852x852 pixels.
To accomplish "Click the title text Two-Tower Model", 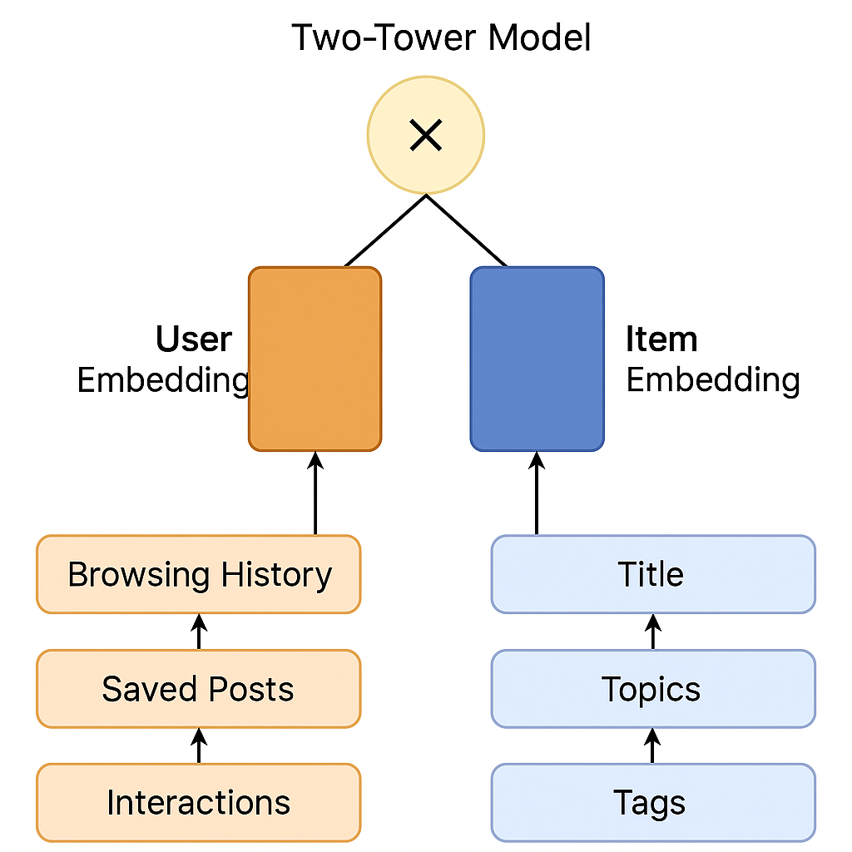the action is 441,37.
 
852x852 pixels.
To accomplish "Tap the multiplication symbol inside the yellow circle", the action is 425,135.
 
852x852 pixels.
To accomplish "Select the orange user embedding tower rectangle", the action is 315,359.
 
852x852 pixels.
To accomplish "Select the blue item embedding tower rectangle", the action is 537,359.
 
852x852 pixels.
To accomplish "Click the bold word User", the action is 194,339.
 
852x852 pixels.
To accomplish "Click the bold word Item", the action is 661,339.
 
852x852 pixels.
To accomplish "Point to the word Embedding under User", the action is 163,380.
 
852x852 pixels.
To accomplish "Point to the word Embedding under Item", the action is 713,380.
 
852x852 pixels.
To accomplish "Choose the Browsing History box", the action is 199,574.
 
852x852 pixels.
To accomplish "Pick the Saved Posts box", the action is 199,688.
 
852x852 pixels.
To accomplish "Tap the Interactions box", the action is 199,803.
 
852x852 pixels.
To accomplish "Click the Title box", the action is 653,574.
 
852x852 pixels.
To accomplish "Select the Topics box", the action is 653,688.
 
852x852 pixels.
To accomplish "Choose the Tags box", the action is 653,803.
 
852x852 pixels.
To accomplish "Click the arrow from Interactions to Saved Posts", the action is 199,745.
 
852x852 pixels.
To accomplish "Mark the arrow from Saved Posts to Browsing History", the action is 199,632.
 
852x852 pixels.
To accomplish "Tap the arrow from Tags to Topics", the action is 652,745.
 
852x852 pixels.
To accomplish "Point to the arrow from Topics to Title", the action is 652,632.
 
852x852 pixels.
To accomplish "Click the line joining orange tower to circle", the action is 385,231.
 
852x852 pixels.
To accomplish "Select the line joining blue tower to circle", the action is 467,231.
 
